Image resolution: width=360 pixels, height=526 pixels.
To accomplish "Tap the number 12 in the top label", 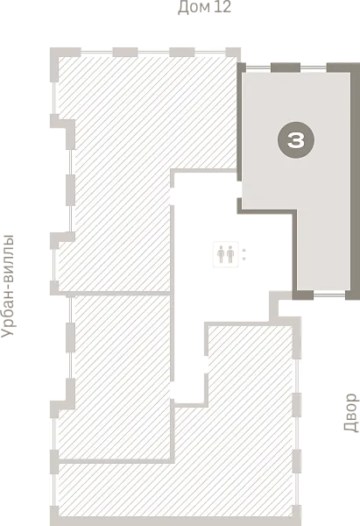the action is [x=222, y=7].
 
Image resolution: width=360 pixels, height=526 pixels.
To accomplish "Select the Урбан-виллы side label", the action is [x=8, y=286].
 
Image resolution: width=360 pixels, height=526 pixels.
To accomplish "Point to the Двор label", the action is [x=351, y=412].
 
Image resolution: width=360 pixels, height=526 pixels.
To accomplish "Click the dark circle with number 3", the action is [x=296, y=140].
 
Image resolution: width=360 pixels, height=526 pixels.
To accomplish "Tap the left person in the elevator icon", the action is [x=221, y=254].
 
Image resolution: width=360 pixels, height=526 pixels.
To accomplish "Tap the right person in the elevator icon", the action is [x=230, y=254].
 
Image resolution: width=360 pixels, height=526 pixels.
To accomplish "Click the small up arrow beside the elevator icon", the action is [x=244, y=250].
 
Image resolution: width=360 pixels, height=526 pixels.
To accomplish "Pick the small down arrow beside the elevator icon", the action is [x=244, y=259].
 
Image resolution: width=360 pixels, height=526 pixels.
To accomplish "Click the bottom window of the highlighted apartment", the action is [x=329, y=295].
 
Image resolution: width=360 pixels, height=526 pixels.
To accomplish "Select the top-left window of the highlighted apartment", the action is [x=258, y=68].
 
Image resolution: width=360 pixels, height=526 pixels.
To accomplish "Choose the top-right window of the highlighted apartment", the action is [x=314, y=68].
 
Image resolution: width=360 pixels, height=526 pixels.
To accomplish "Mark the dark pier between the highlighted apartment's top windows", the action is [x=286, y=68].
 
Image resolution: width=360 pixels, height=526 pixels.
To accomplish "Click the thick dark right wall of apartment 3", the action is [x=355, y=181].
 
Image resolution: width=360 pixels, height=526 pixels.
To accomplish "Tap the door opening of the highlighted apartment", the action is [x=239, y=189].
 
